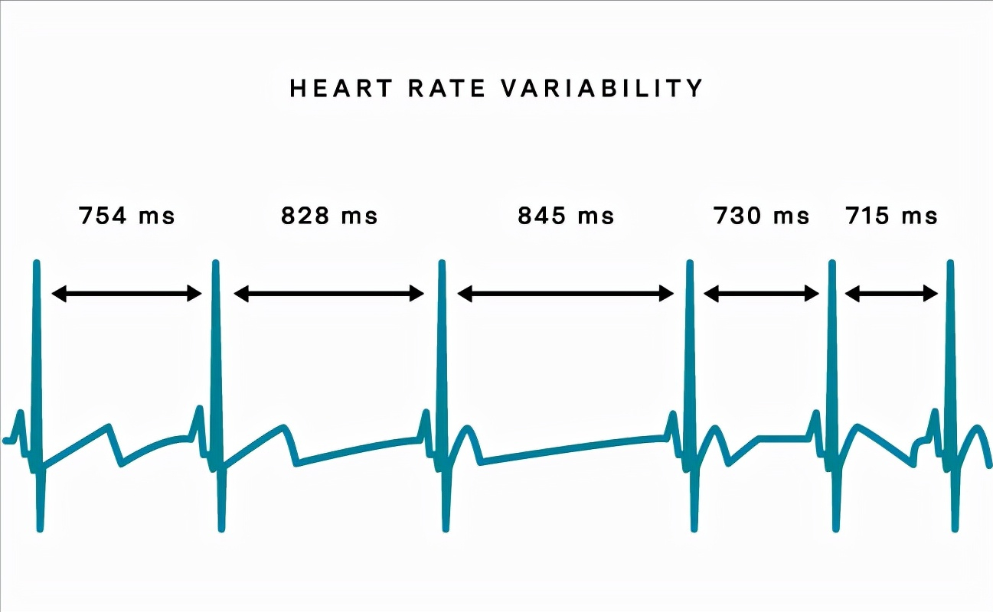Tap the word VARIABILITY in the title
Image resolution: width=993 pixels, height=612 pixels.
click(601, 89)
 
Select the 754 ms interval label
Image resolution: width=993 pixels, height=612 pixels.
click(127, 216)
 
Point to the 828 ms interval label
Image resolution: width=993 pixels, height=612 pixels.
click(329, 216)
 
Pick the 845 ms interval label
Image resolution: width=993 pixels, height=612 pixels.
click(566, 216)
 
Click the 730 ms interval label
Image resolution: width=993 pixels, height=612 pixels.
click(762, 216)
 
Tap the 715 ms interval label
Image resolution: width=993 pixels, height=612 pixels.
click(892, 216)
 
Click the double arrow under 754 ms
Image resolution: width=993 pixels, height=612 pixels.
click(126, 293)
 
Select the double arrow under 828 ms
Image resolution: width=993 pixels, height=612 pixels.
click(329, 293)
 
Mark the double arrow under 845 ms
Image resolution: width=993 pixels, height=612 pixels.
click(566, 293)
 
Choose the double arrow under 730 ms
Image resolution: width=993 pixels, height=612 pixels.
click(762, 293)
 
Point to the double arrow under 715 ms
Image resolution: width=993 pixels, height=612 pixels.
click(891, 293)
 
